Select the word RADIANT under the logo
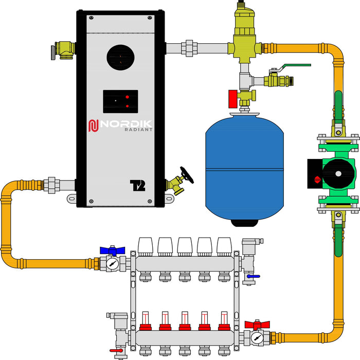[138, 130]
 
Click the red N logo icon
[93, 125]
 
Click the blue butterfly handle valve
[113, 250]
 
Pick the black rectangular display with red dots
[120, 101]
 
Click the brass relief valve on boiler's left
[63, 49]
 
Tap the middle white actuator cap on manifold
[185, 245]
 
